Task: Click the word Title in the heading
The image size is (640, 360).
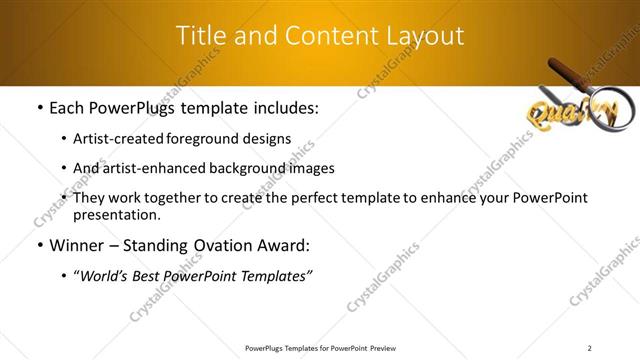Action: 201,36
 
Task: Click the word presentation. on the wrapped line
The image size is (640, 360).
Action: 116,215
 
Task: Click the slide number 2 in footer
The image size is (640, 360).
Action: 590,348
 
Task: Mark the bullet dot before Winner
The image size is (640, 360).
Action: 39,246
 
